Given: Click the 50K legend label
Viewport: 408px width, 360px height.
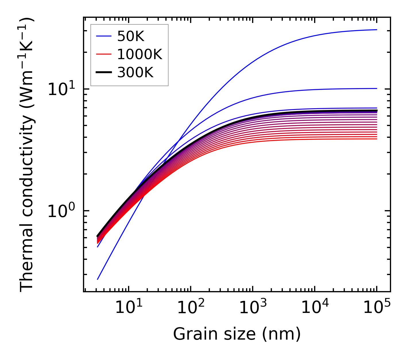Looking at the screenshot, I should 131,36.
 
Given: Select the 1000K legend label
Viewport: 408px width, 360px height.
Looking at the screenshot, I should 140,54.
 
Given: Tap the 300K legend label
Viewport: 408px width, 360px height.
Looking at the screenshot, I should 135,73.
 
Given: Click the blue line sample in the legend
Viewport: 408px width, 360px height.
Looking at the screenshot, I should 103,36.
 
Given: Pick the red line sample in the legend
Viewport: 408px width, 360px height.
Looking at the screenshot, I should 103,54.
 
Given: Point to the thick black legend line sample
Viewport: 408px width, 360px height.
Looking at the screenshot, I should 103,73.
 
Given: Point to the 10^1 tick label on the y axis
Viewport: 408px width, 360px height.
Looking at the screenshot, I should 61,89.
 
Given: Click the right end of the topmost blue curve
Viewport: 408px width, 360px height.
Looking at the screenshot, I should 376,30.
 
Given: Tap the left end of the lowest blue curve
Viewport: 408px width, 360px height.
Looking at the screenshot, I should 98,279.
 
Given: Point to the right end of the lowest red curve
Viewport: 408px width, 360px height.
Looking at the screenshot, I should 376,139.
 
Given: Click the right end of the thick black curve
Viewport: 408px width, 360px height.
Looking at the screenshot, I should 376,111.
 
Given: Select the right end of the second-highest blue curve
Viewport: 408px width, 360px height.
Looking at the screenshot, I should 376,88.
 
